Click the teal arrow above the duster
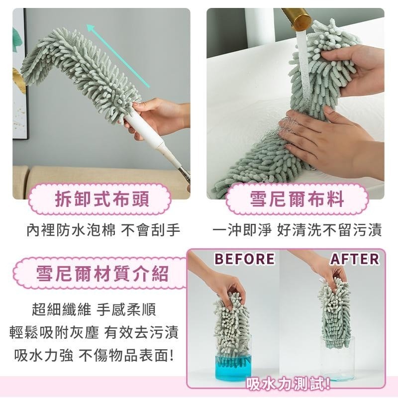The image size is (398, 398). pos(118,56)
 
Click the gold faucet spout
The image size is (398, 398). pos(297,18)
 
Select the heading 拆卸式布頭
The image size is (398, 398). pos(102,199)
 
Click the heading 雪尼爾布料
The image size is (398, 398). pos(297,199)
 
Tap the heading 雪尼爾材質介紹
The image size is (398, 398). pos(102,273)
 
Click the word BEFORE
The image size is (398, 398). pos(244,259)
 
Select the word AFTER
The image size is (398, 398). pos(355,259)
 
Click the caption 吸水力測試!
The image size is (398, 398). pos(289,384)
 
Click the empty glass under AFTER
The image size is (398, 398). pos(337,358)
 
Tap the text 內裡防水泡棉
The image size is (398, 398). pos(71,230)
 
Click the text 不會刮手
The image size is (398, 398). pos(151,230)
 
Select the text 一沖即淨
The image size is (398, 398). pos(242,230)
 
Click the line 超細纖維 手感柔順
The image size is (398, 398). pos(94,309)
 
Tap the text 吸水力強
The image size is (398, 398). pos(44,355)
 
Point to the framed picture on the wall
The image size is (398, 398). pos(20,74)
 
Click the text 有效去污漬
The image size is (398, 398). pos(141,332)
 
